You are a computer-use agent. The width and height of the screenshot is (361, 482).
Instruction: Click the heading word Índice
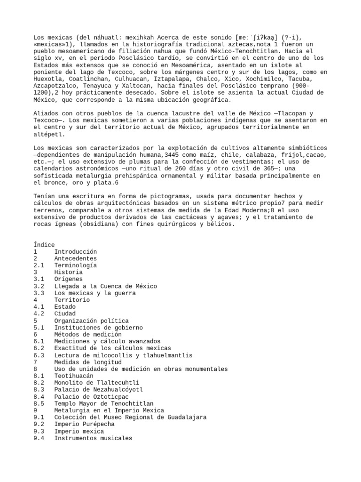click(44, 245)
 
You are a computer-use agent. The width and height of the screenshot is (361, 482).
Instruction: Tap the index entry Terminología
click(76, 265)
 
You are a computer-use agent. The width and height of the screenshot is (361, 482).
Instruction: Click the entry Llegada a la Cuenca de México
click(106, 286)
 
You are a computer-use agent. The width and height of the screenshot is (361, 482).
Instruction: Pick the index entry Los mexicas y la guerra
click(95, 293)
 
